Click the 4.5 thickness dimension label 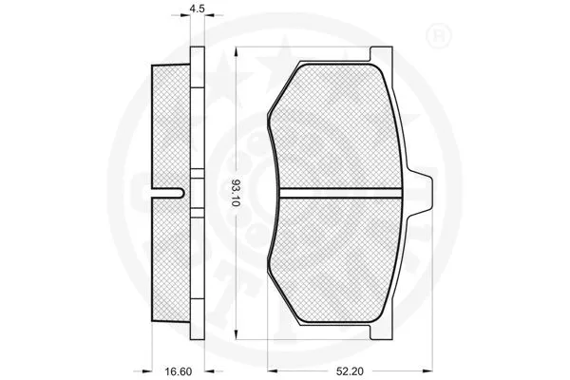click(x=198, y=9)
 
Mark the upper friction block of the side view click(x=171, y=123)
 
